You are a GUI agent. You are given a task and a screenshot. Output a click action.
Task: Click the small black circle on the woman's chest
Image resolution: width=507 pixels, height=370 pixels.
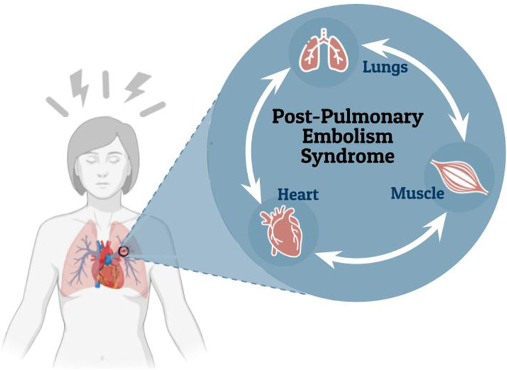pyautogui.click(x=124, y=252)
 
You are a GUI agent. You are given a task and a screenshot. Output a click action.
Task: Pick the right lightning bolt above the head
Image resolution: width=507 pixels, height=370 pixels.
pyautogui.click(x=132, y=86)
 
